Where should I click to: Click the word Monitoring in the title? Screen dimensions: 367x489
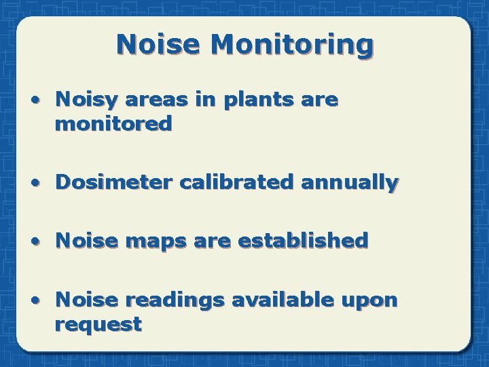pyautogui.click(x=292, y=44)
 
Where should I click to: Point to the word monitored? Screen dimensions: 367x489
pyautogui.click(x=113, y=124)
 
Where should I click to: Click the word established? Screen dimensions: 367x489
pyautogui.click(x=312, y=241)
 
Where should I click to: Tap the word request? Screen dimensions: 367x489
pyautogui.click(x=98, y=325)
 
